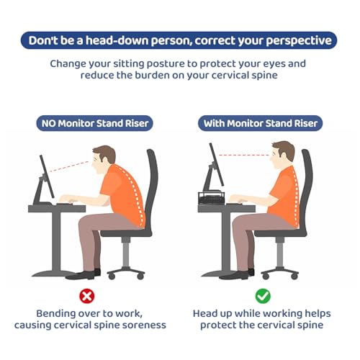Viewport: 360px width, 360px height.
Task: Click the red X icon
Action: (x=87, y=296)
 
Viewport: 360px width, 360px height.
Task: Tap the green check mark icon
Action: (x=263, y=296)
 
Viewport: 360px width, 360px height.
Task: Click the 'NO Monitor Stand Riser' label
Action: (x=94, y=123)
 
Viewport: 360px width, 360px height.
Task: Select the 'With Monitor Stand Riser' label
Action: (x=260, y=123)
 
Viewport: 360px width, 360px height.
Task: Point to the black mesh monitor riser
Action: (x=211, y=198)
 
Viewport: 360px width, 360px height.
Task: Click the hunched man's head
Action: (x=104, y=159)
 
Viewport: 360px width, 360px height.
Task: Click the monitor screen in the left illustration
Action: (x=47, y=176)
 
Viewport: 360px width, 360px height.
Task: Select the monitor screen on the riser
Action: (x=217, y=164)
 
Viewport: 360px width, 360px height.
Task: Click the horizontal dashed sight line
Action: (x=244, y=156)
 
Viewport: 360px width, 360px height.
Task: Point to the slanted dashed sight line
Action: (x=69, y=166)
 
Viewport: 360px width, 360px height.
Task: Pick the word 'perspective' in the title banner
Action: (x=299, y=41)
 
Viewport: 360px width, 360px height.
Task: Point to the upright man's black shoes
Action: (x=237, y=274)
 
